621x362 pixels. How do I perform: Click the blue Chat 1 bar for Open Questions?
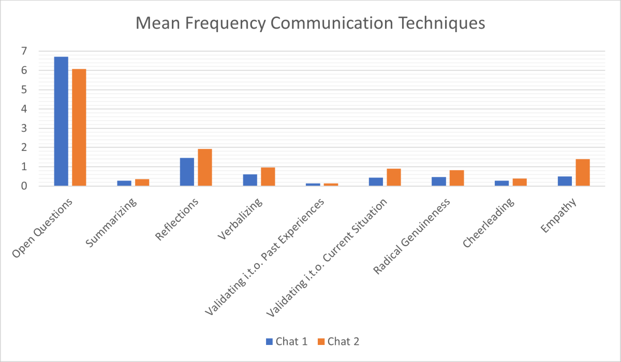click(x=61, y=121)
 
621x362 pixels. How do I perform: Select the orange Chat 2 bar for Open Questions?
click(x=79, y=127)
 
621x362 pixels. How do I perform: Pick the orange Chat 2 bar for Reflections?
click(x=205, y=168)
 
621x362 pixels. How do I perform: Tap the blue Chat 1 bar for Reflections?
click(x=187, y=172)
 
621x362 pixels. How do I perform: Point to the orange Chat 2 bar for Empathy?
click(x=583, y=173)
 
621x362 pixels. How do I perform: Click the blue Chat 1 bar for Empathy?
click(x=565, y=181)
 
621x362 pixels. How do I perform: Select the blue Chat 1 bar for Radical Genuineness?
click(x=439, y=182)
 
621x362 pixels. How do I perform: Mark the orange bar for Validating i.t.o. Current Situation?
click(x=394, y=177)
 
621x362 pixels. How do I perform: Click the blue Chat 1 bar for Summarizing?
click(x=124, y=183)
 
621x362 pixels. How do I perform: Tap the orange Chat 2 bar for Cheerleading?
click(x=520, y=182)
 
